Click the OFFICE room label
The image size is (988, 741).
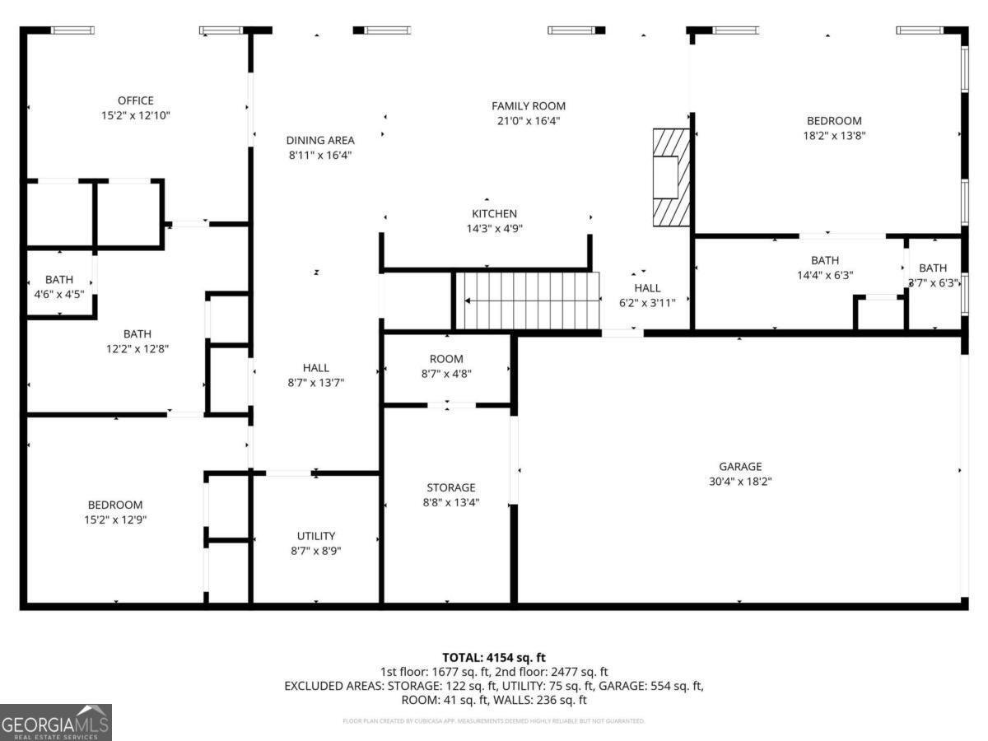135,101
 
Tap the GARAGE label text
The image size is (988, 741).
739,467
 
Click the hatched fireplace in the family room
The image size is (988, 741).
670,177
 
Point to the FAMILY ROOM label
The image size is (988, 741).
528,106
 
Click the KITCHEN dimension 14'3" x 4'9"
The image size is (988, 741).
494,229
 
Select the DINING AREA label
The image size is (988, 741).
319,141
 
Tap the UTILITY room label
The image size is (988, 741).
315,536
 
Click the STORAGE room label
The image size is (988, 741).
450,488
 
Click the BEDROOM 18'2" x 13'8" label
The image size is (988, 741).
833,121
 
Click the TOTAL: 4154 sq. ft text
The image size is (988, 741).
493,657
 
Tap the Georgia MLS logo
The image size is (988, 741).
55,722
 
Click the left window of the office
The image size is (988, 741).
72,30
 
